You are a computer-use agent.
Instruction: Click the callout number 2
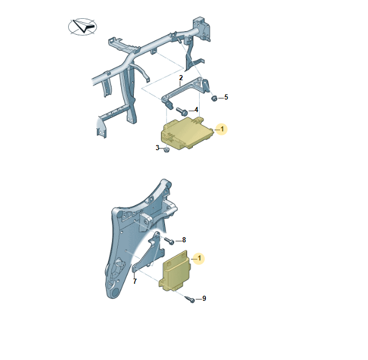(x=181, y=78)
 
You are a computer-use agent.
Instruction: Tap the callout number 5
(x=226, y=97)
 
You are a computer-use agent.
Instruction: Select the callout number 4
(x=196, y=110)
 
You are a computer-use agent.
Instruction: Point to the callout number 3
(x=157, y=148)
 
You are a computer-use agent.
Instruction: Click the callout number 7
(x=135, y=281)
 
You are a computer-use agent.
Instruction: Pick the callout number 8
(x=184, y=240)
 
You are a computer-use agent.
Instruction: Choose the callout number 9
(x=204, y=298)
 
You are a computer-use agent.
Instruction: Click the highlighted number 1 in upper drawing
(x=222, y=129)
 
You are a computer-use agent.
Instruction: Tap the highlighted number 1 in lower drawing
(x=200, y=258)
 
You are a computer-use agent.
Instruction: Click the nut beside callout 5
(x=214, y=98)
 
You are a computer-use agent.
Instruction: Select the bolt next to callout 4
(x=181, y=111)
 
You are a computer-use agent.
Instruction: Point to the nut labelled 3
(x=167, y=150)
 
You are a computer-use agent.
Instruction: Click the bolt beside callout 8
(x=169, y=241)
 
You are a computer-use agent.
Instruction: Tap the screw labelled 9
(x=190, y=299)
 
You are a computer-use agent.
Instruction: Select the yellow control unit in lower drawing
(x=175, y=271)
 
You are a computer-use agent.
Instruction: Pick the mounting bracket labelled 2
(x=185, y=91)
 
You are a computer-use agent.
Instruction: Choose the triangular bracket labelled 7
(x=149, y=254)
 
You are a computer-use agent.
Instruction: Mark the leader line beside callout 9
(x=199, y=299)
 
